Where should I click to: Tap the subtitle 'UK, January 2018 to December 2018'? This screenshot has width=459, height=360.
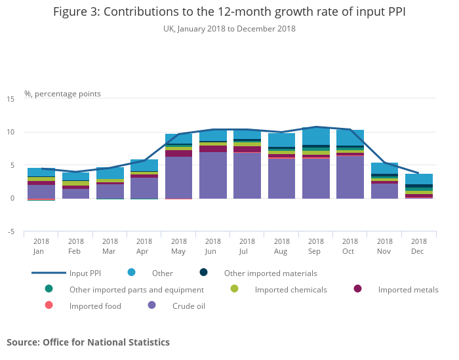[229, 29]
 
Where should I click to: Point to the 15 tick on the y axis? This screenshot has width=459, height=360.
[10, 99]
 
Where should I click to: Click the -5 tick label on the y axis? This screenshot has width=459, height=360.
[10, 231]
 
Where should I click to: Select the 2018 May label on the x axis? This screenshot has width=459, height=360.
[178, 246]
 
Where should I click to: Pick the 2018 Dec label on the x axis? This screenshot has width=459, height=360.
[418, 246]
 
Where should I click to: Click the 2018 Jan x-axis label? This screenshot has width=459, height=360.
[41, 246]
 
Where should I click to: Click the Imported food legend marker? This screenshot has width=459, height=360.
[49, 306]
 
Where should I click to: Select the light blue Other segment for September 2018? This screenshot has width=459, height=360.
[316, 136]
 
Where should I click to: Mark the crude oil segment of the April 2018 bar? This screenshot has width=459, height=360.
[144, 188]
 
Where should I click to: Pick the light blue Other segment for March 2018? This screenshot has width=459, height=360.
[110, 173]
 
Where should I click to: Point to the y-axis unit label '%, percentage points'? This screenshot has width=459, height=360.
[62, 94]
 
